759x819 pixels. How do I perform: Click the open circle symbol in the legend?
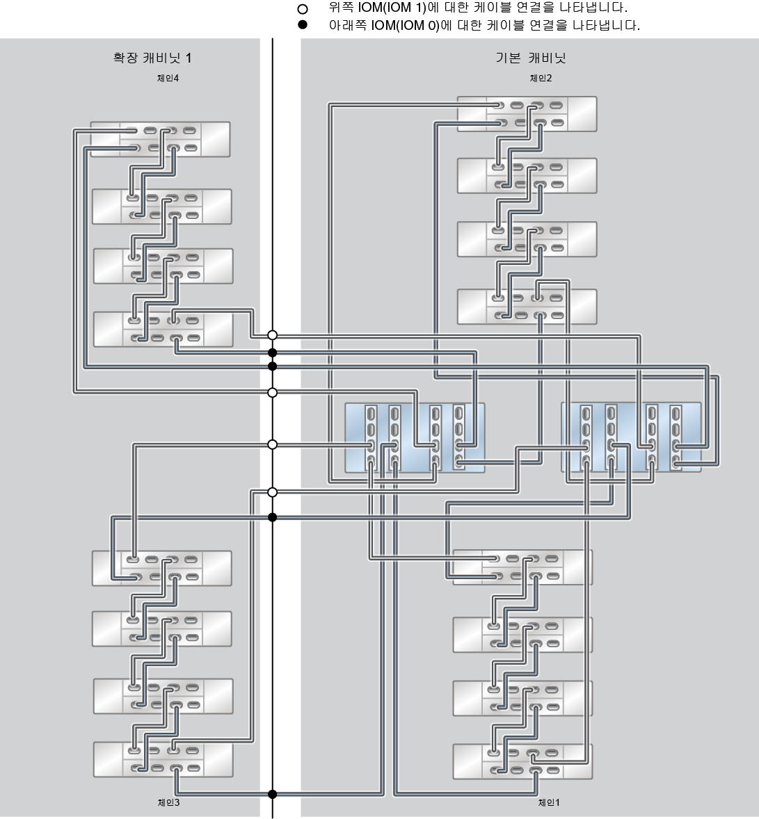pos(302,10)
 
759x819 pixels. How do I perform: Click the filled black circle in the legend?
pos(302,26)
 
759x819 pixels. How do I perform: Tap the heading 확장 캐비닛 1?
pos(152,58)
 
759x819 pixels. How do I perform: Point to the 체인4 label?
pos(168,79)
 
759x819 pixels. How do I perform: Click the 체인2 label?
pos(541,79)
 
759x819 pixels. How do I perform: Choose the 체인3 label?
pos(169,802)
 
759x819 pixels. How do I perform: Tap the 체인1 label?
pos(549,802)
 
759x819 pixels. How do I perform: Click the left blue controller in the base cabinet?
pos(415,437)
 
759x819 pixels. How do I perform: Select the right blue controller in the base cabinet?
pos(631,437)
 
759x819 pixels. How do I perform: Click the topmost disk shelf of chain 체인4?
pos(161,139)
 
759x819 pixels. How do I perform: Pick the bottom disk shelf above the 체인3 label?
pos(163,759)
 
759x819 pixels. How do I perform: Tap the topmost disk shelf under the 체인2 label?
pos(527,114)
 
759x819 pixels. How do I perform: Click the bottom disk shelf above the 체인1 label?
pos(522,761)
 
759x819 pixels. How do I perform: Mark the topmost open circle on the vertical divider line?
pos(273,335)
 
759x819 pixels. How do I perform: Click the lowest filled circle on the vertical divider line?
pos(273,794)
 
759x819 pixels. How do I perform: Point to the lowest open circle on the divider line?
pos(273,492)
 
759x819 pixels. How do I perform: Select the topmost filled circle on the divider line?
pos(273,352)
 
